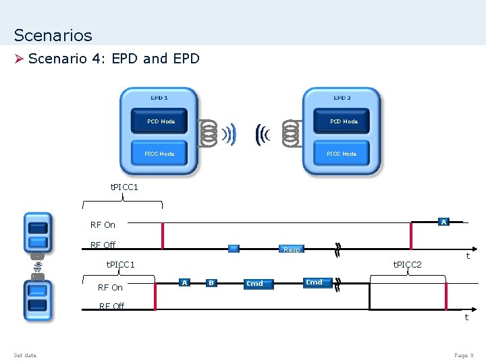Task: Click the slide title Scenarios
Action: click(x=53, y=35)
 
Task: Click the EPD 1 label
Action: click(x=159, y=98)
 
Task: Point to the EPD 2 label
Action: click(x=342, y=98)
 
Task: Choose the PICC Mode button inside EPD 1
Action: click(x=160, y=154)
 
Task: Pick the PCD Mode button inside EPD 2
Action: click(x=344, y=121)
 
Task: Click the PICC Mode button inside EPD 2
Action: click(x=342, y=154)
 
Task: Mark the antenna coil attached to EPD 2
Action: click(x=291, y=133)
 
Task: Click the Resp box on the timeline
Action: click(x=292, y=249)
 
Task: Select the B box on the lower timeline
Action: click(x=211, y=282)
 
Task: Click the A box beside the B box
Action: click(x=184, y=282)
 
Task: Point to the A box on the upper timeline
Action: click(x=443, y=221)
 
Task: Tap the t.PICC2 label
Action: click(x=408, y=265)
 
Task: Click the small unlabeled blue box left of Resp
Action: click(x=234, y=249)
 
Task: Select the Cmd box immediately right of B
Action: click(x=255, y=284)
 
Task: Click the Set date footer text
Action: click(x=25, y=355)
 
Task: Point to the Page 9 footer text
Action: click(x=463, y=355)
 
